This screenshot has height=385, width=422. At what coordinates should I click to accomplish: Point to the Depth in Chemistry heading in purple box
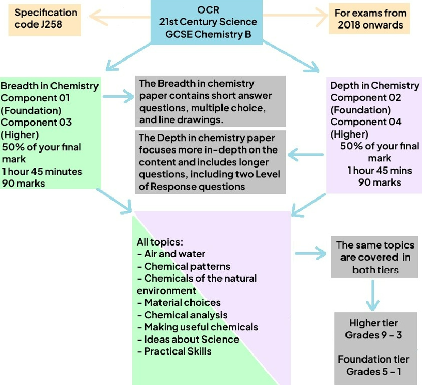pyautogui.click(x=374, y=86)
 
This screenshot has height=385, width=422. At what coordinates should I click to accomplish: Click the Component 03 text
pyautogui.click(x=36, y=122)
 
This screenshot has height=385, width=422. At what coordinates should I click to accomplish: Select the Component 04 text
pyautogui.click(x=366, y=122)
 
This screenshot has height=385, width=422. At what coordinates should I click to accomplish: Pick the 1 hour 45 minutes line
pyautogui.click(x=42, y=171)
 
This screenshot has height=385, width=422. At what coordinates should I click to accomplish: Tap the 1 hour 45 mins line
pyautogui.click(x=379, y=170)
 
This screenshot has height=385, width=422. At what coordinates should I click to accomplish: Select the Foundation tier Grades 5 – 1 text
pyautogui.click(x=373, y=365)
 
